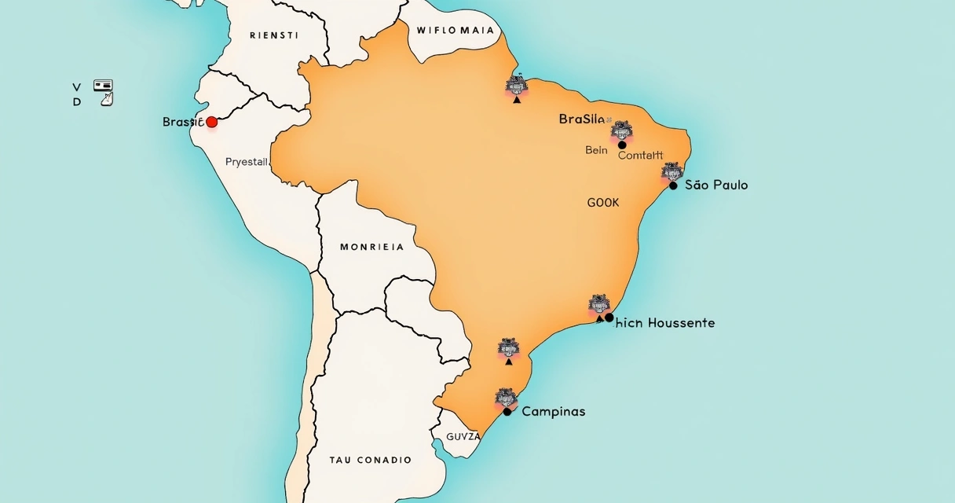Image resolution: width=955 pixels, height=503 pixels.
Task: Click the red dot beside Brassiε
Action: click(211, 122)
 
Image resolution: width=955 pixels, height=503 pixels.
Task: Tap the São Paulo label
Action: click(716, 185)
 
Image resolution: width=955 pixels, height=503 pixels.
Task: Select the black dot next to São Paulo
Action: click(673, 185)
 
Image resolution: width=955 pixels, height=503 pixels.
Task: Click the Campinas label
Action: click(553, 412)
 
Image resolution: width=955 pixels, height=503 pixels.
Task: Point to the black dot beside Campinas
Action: click(507, 412)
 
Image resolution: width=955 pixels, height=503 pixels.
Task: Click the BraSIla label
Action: click(582, 119)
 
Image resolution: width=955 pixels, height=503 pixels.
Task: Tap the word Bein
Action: click(596, 150)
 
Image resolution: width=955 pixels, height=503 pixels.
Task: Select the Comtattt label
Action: click(640, 156)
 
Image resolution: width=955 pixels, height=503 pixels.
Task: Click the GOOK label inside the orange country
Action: click(603, 203)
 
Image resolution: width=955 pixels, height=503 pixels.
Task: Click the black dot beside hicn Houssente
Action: click(609, 318)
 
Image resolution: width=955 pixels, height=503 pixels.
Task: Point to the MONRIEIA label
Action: click(372, 247)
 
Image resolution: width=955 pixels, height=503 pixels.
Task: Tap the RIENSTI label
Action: click(274, 35)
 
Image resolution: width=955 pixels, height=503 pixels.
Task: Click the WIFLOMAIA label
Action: click(456, 31)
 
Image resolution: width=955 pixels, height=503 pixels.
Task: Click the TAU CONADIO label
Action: click(371, 460)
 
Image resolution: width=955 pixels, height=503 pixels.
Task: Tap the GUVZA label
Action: click(463, 436)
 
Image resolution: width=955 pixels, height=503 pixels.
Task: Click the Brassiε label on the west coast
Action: click(183, 122)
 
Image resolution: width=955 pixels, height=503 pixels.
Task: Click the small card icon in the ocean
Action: click(103, 85)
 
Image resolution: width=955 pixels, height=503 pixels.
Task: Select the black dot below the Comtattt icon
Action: click(622, 145)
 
